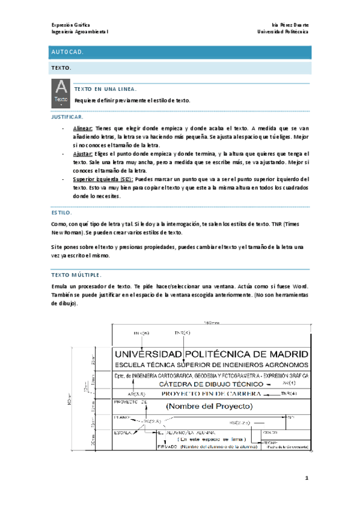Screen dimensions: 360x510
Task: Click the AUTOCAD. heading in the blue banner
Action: tap(66, 53)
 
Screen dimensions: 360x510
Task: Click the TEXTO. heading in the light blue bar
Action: tap(62, 68)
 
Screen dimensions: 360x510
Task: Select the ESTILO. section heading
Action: tap(61, 212)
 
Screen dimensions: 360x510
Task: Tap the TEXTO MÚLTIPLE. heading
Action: tap(76, 274)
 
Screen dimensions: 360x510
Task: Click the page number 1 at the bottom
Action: tap(306, 478)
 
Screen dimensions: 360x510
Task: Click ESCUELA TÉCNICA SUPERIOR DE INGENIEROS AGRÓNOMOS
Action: tap(212, 364)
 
